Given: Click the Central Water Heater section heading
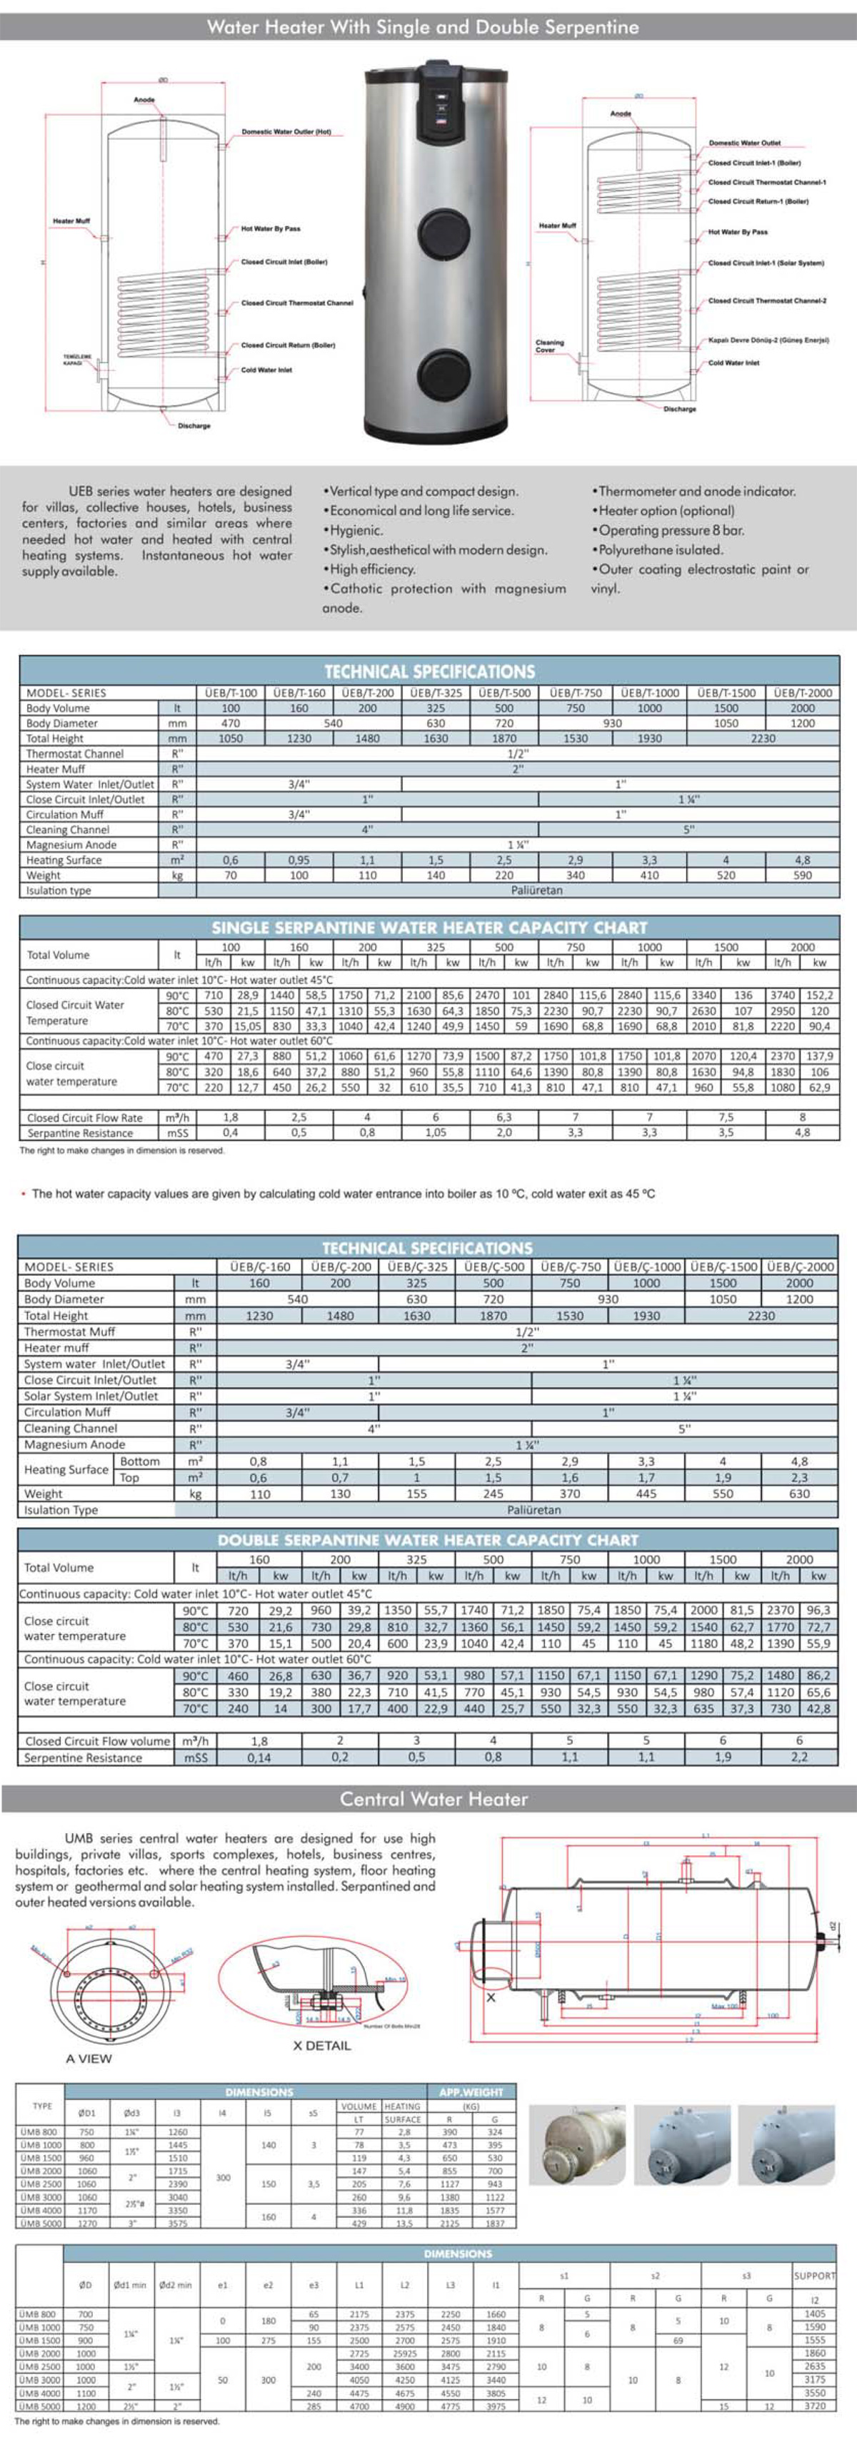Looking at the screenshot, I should point(433,1799).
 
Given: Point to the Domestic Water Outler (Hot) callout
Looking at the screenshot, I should point(286,132).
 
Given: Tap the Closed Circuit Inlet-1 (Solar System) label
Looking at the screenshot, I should point(766,263).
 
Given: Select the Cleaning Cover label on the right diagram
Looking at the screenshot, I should point(549,345).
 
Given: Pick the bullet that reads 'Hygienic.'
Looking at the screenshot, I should point(354,530).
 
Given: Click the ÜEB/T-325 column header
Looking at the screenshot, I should point(436,693).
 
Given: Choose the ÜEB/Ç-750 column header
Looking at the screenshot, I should point(569,1267).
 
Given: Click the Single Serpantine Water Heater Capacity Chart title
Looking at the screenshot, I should point(429,927).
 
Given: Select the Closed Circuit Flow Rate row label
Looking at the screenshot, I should point(84,1117).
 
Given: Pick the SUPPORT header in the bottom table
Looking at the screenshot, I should point(814,2275).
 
